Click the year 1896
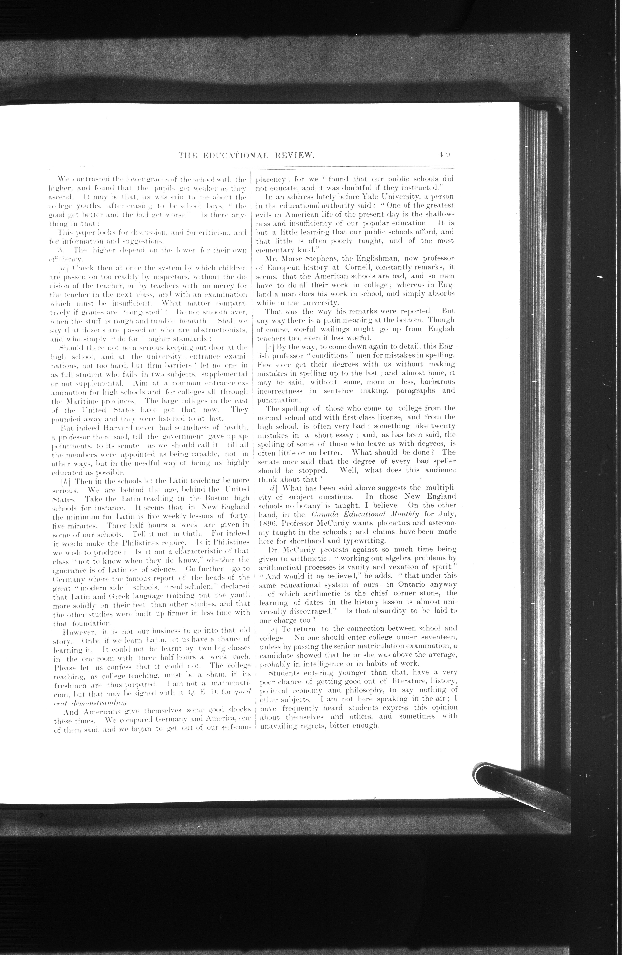[268, 524]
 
